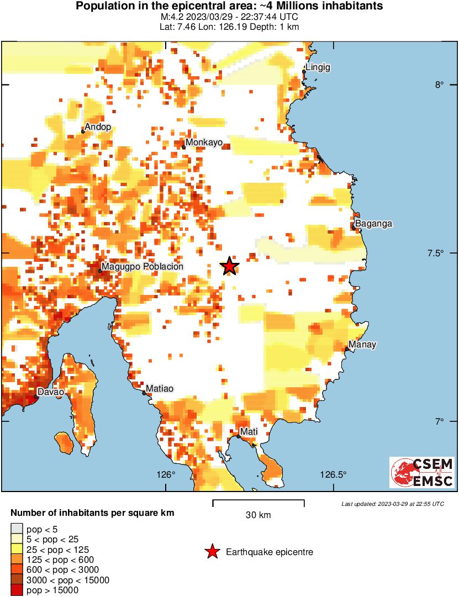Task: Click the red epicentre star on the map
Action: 230,266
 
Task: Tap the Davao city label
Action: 51,392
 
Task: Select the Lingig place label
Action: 319,67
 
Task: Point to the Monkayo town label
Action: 204,142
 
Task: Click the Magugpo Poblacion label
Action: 143,267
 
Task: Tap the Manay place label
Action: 362,345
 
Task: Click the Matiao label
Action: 160,389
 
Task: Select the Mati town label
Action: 246,431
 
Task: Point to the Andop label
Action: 98,127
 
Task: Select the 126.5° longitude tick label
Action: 334,474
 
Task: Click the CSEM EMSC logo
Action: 422,472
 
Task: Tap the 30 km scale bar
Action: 258,503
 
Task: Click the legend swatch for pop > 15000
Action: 17,590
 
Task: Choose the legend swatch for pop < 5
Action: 17,529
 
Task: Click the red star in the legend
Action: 212,552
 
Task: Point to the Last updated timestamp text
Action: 392,504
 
